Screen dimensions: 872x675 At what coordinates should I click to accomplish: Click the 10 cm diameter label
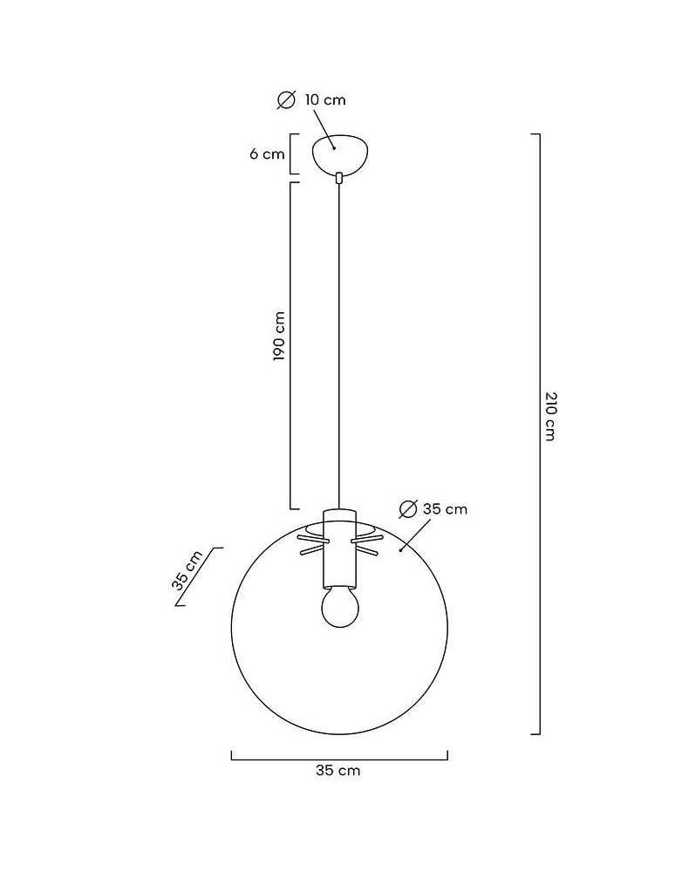tap(325, 100)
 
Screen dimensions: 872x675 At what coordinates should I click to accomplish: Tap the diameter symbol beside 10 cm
tap(286, 100)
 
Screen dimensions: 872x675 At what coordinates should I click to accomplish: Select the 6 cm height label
tap(267, 154)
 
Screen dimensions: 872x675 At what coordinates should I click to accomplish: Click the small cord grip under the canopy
tap(339, 179)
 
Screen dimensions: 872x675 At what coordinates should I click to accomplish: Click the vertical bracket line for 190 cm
tap(291, 344)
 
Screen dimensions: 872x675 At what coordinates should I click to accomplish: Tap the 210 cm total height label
tap(549, 416)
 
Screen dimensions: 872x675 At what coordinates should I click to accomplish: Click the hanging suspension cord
tap(339, 349)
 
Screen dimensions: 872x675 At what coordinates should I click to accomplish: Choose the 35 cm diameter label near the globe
tap(445, 509)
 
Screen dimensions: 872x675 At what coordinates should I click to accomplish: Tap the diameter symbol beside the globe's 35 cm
tap(406, 509)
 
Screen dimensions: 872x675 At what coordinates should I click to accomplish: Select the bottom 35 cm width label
tap(338, 771)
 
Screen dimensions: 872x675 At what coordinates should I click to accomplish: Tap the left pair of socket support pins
tap(310, 545)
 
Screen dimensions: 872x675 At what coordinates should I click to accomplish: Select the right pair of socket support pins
tap(367, 545)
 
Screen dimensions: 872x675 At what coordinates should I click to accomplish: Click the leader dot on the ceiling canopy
tap(333, 148)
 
